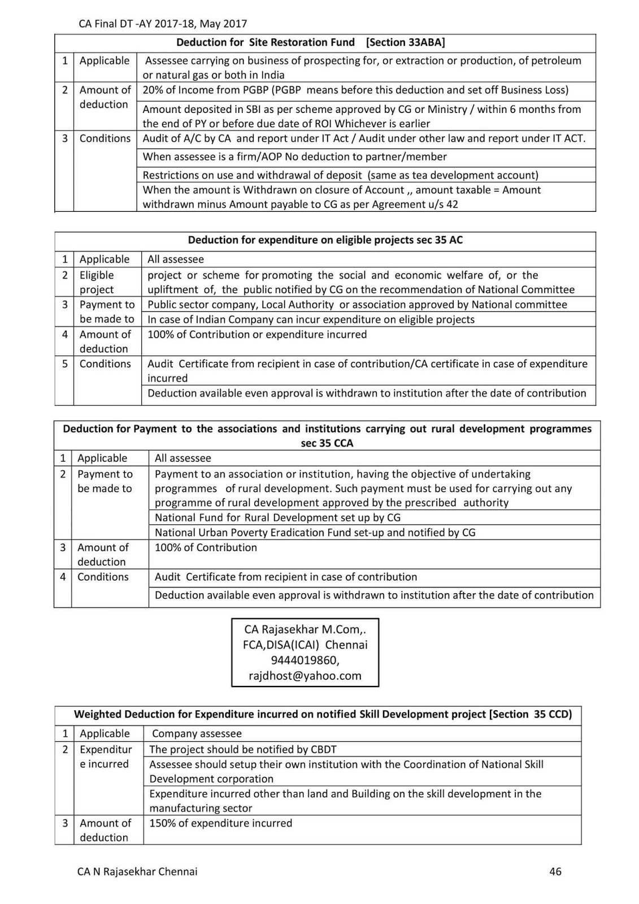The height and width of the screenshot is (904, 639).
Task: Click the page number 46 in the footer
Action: pos(555,871)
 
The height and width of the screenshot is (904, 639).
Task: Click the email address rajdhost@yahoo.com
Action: pos(305,675)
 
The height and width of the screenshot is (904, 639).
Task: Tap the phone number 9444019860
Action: pos(305,660)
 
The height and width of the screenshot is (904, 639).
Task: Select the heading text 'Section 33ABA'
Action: pos(405,42)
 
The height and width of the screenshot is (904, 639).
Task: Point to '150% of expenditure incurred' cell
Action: pos(221,823)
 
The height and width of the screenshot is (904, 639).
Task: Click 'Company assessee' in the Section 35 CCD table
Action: pos(197,733)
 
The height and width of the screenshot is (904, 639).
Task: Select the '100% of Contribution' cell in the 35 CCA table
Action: pos(206,547)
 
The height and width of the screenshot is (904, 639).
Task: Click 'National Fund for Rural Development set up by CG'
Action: pos(277,518)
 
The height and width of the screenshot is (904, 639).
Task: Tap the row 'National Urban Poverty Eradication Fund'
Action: pos(315,532)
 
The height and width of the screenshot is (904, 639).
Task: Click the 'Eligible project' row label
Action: pos(97,282)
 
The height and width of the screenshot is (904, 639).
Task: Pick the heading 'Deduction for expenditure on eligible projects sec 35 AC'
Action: pos(325,240)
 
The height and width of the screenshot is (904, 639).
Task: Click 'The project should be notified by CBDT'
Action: pos(243,749)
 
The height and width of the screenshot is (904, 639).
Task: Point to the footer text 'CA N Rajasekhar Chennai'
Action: pos(137,871)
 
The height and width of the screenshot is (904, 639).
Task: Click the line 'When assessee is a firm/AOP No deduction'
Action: pos(294,157)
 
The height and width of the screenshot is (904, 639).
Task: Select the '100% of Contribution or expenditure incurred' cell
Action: pos(257,334)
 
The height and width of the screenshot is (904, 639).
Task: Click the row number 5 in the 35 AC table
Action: pos(64,364)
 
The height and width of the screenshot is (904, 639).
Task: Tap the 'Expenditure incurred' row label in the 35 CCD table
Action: pos(105,757)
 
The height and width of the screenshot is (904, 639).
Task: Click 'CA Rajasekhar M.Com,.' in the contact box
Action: pos(305,629)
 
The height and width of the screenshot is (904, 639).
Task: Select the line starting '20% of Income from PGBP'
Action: pos(355,90)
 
